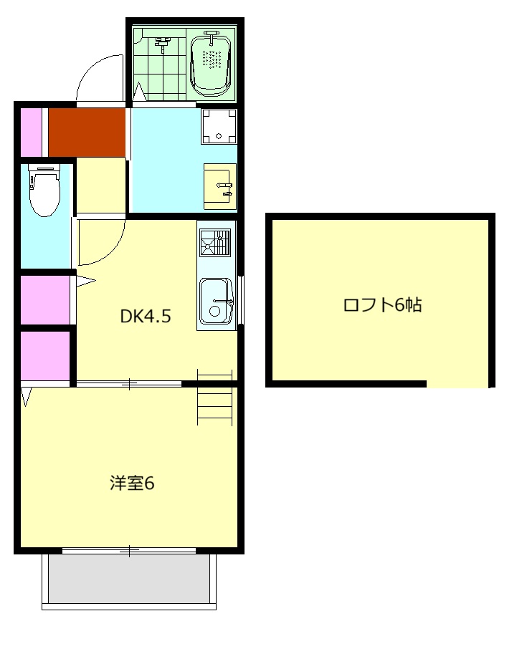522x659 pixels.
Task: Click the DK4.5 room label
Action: click(146, 316)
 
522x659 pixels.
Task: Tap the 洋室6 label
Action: click(132, 484)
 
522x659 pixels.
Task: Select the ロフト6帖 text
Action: click(381, 305)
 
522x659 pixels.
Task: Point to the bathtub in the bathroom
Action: click(214, 62)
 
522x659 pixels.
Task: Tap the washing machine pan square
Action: click(218, 126)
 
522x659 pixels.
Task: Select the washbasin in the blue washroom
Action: click(219, 186)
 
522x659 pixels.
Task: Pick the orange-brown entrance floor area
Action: click(87, 131)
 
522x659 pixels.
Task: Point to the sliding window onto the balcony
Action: click(129, 550)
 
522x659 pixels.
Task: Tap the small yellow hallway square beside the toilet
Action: click(100, 185)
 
